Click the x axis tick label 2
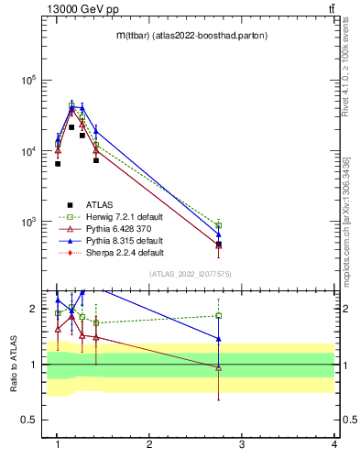149,444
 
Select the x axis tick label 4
334,444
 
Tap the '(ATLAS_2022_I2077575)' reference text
189,274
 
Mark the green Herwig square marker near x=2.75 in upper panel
218,225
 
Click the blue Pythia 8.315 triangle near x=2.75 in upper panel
218,234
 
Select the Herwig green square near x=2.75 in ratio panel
218,316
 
